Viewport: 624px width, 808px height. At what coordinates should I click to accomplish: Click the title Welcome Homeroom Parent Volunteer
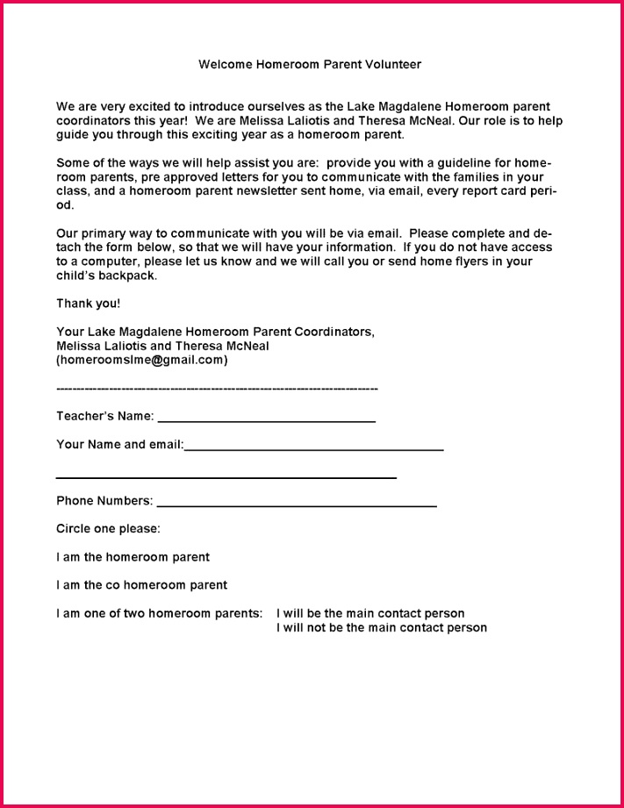coord(310,64)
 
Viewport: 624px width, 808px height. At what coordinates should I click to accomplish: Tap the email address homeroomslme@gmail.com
coord(142,360)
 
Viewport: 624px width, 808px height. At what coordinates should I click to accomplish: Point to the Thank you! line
coord(89,304)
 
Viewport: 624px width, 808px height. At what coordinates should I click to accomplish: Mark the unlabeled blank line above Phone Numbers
coord(226,477)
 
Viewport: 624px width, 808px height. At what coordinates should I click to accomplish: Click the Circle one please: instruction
coord(108,529)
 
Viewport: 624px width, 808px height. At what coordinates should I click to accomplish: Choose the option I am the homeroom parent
coord(133,557)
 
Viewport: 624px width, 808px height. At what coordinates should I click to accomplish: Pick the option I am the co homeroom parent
coord(141,585)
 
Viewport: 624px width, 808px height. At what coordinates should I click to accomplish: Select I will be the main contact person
coord(370,613)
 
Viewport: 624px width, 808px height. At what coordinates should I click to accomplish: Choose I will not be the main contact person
coord(382,627)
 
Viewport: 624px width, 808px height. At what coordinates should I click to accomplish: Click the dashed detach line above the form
coord(217,388)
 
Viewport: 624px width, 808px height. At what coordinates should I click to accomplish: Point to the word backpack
coord(127,275)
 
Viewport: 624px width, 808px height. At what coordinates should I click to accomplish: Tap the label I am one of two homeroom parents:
coord(159,613)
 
